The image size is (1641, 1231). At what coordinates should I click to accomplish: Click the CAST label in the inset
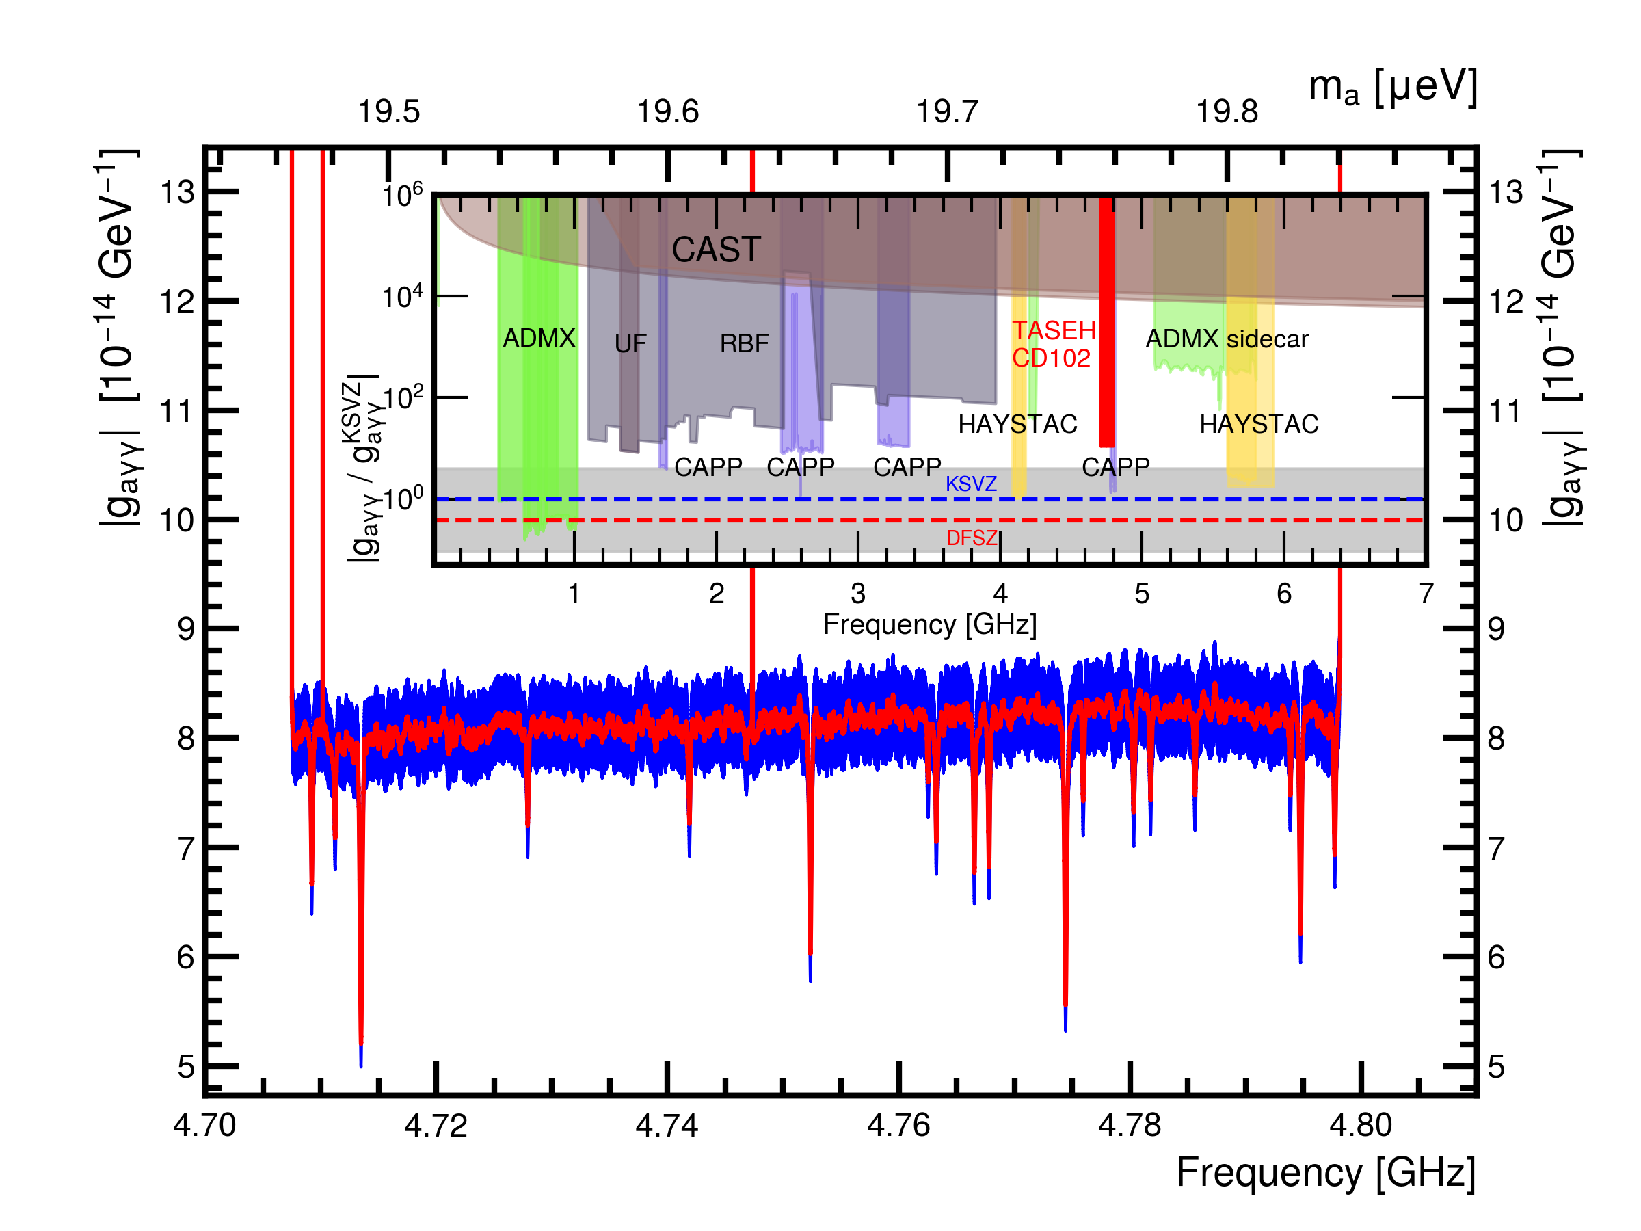716,250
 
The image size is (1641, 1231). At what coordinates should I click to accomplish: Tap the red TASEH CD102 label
1054,344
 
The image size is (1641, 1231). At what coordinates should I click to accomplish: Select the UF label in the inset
630,343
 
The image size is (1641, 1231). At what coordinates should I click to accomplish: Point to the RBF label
744,343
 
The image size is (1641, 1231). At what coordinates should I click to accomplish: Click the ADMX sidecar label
1227,339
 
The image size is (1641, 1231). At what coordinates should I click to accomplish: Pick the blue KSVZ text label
971,484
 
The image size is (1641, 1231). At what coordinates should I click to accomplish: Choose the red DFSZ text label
972,538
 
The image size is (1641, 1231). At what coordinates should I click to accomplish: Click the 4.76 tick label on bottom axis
898,1126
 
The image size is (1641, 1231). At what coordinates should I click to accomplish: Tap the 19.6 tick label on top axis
667,112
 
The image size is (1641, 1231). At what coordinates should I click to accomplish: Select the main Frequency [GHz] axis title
1326,1173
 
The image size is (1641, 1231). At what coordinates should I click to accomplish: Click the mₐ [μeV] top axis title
1393,88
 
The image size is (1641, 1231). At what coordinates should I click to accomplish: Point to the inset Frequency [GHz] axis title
929,624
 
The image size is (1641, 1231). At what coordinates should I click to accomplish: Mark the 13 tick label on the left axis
178,192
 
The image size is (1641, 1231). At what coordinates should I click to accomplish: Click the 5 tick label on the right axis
1496,1067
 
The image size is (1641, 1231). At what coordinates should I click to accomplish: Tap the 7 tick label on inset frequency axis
1426,594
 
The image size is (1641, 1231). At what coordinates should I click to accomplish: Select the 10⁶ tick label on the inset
402,196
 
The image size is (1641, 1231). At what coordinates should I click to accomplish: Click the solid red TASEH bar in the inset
1107,323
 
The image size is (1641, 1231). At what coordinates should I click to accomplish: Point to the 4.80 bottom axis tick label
1361,1126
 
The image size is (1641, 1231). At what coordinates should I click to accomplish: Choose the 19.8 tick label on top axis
1227,112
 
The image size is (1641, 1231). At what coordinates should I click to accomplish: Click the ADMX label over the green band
539,339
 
